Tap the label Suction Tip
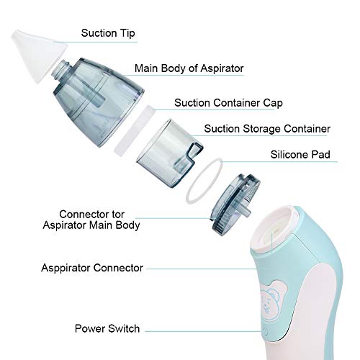(x=108, y=33)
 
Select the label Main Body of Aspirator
(x=189, y=68)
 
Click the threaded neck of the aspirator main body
(x=61, y=69)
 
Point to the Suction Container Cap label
(x=228, y=103)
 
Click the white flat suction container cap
(x=133, y=131)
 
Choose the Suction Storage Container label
(x=267, y=129)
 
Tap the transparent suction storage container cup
(x=170, y=153)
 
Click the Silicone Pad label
(x=300, y=155)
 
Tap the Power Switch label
(x=107, y=328)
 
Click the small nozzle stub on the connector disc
(x=246, y=210)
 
